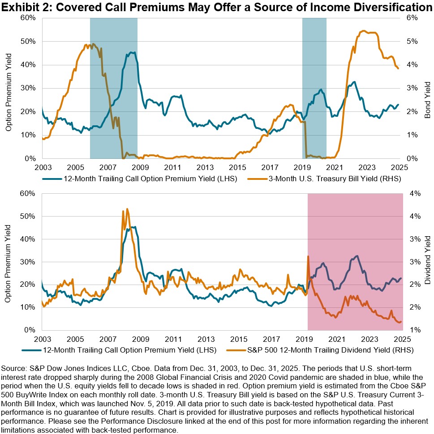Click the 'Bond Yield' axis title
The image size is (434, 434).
427,99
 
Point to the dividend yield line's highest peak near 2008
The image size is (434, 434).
127,209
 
